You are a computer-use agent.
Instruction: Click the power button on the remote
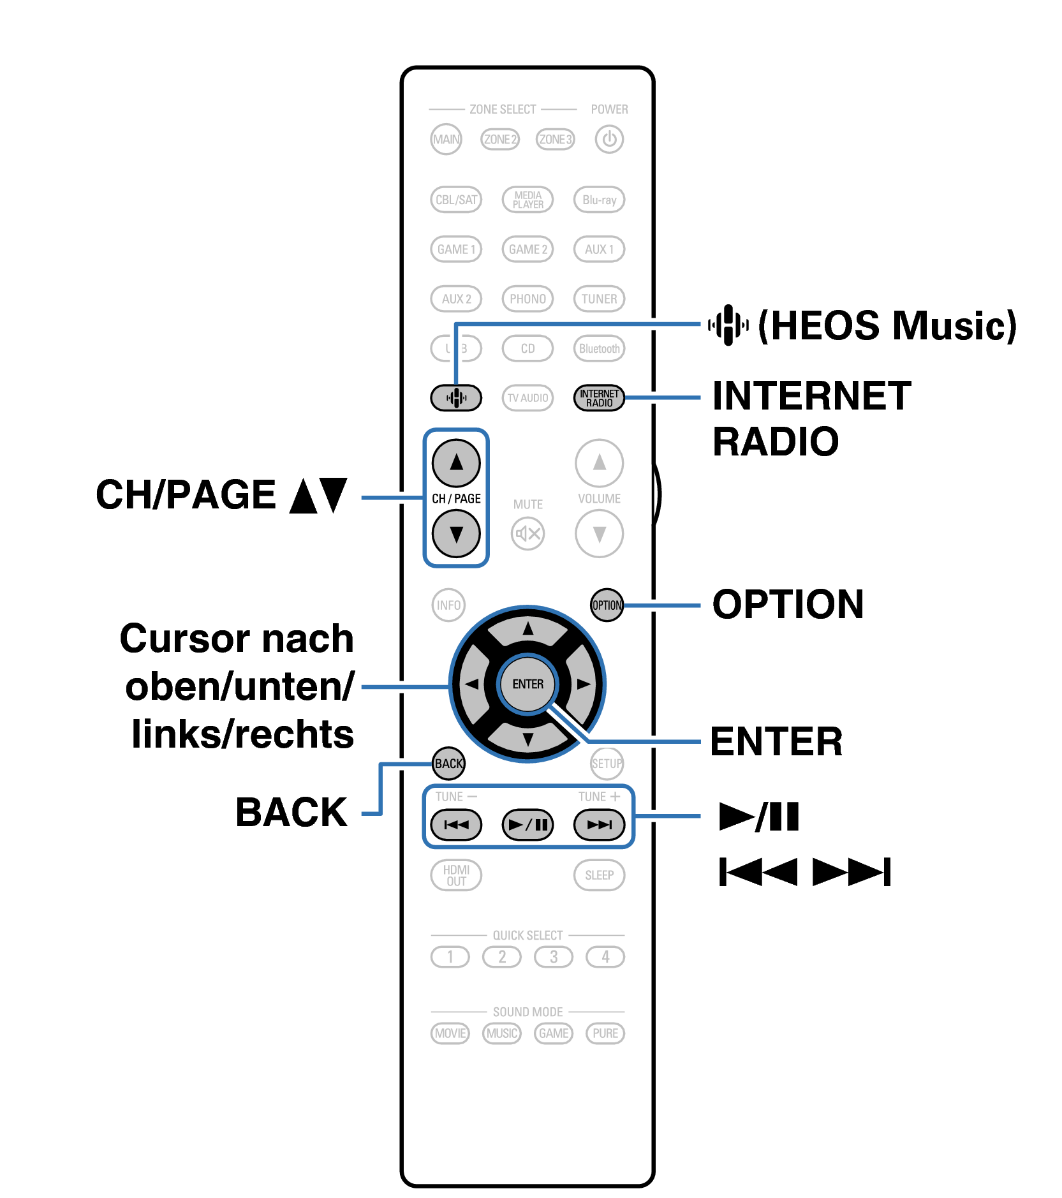tap(608, 139)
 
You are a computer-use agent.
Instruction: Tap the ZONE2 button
tap(499, 139)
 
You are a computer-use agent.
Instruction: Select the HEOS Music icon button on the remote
tap(455, 398)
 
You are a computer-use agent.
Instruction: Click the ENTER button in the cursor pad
tap(527, 684)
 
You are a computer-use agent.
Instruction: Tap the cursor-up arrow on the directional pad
tap(527, 629)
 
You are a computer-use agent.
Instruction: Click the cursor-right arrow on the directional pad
tap(582, 684)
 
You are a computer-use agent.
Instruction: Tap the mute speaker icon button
tap(527, 533)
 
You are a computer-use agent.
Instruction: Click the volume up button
tap(599, 462)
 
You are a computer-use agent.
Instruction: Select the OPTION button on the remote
tap(607, 605)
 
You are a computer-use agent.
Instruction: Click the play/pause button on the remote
tap(527, 825)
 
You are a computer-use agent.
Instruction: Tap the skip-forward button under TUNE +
tap(599, 825)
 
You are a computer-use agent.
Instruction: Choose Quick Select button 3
tap(553, 957)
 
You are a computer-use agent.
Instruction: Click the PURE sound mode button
tap(605, 1033)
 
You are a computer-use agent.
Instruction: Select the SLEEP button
tap(599, 875)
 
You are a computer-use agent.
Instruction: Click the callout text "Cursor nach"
tap(237, 639)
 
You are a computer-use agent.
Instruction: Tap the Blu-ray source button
tap(599, 200)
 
